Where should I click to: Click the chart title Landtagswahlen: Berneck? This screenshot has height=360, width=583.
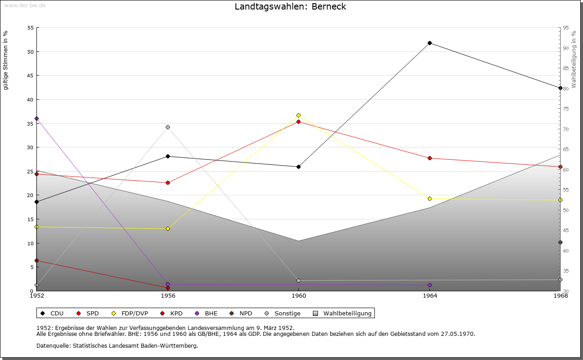click(290, 7)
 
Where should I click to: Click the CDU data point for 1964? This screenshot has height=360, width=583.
click(430, 43)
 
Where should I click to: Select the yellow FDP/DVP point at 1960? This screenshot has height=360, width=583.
click(298, 115)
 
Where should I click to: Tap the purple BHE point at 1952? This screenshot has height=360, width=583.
click(36, 118)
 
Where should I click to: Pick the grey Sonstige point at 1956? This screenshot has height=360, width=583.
click(168, 127)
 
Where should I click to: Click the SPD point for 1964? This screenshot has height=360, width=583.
click(430, 158)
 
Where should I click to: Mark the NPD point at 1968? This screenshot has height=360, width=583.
click(560, 243)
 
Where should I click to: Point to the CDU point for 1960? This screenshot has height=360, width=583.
click(298, 167)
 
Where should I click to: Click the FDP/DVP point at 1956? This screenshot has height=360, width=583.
click(168, 228)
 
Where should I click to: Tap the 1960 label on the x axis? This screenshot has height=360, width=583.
click(298, 296)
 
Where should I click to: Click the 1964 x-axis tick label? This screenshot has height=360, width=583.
click(430, 296)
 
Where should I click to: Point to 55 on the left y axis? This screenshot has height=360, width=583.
click(31, 28)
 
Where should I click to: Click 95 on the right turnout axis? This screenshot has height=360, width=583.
click(566, 28)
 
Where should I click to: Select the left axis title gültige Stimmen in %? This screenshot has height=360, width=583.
click(5, 60)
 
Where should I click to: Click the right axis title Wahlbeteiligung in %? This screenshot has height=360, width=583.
click(574, 59)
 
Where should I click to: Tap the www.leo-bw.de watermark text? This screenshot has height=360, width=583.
click(24, 5)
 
